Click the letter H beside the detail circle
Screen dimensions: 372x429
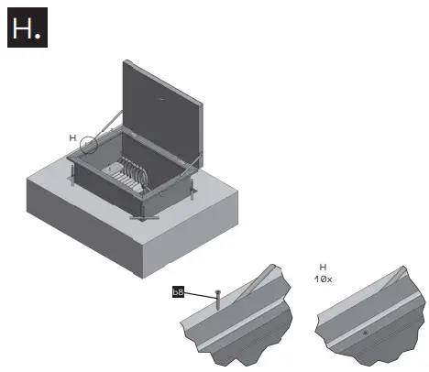tap(73, 137)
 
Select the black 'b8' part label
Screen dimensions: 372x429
tap(180, 293)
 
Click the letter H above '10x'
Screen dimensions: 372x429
tap(323, 267)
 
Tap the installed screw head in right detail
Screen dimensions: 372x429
tap(366, 331)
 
